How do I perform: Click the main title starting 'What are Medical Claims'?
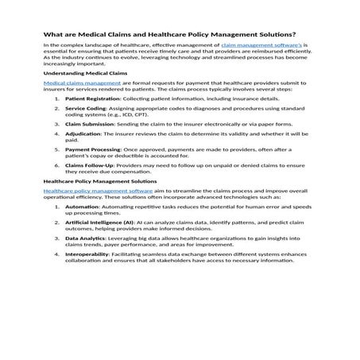(169, 34)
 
